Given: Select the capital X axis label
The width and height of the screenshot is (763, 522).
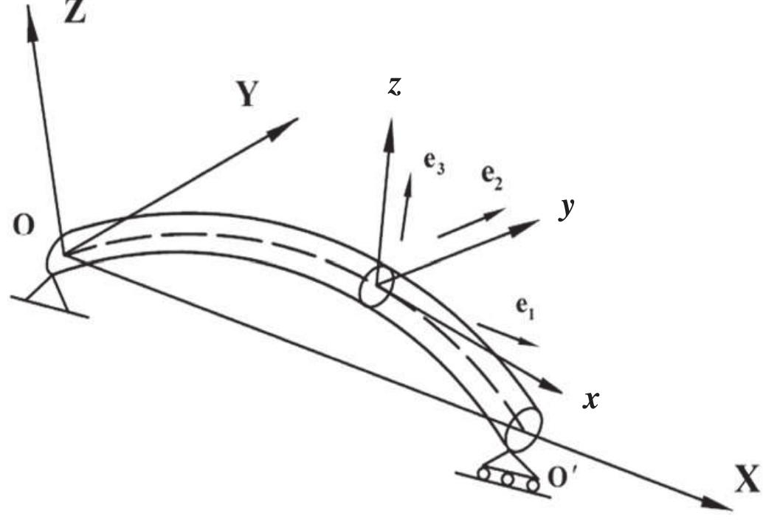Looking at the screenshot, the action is click(745, 481).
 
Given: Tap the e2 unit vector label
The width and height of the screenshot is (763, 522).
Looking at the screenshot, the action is click(492, 178).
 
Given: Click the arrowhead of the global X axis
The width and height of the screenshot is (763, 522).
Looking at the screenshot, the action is click(720, 504).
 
